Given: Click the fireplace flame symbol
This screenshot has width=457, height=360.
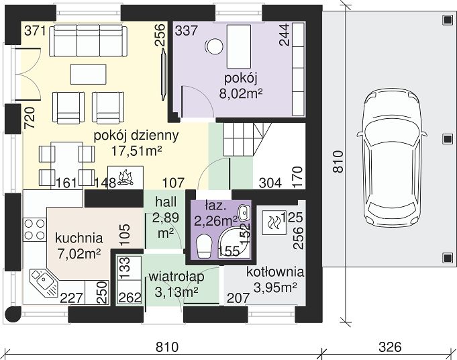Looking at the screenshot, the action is [125, 177].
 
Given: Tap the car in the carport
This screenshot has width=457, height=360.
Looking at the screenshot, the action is [391, 158].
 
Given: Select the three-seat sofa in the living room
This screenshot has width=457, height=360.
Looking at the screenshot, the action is [89, 40].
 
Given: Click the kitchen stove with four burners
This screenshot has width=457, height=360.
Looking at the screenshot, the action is [35, 230].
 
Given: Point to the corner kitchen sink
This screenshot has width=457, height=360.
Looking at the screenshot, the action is [44, 282].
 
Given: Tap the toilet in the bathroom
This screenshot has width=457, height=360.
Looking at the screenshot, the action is [204, 246].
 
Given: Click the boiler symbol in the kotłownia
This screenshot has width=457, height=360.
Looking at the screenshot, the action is [274, 222].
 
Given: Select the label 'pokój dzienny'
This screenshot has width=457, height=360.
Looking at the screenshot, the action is [136, 136].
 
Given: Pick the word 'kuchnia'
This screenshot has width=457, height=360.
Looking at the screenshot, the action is [79, 238].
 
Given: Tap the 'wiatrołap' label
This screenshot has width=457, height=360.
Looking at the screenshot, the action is [176, 277].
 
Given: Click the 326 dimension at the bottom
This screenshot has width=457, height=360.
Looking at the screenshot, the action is [390, 347].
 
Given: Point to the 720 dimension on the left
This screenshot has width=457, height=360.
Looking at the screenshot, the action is [30, 118].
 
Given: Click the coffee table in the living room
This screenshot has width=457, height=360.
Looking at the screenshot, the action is [89, 75].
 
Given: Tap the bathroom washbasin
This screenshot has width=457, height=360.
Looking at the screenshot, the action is [244, 212].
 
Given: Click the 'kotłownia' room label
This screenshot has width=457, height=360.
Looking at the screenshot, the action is [275, 272].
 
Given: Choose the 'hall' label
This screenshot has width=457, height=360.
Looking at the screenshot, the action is [166, 202].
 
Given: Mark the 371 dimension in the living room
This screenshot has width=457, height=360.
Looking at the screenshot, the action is [35, 31].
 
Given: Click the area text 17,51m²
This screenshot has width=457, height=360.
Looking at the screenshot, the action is [136, 151].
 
